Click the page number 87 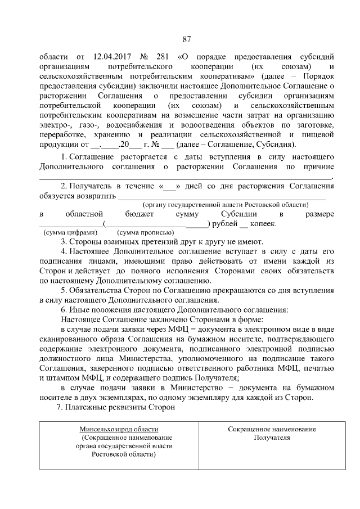(187, 39)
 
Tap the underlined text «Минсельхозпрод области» (119, 429)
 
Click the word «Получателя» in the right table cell (272, 437)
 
